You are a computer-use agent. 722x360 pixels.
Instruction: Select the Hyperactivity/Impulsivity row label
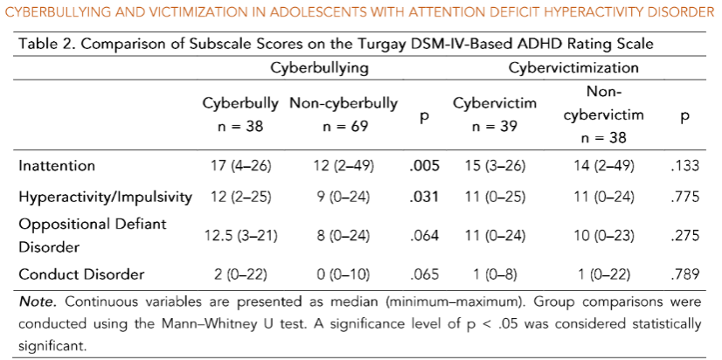104,197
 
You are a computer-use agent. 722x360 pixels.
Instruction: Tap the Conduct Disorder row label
80,274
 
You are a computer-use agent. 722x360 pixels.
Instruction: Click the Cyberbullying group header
319,67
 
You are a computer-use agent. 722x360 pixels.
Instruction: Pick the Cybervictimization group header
573,67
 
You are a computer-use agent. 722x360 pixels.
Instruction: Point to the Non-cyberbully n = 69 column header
344,114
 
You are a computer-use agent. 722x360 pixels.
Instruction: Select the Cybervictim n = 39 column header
494,114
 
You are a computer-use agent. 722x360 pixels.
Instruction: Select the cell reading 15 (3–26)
494,165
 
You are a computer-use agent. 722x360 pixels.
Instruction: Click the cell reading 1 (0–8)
494,274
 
